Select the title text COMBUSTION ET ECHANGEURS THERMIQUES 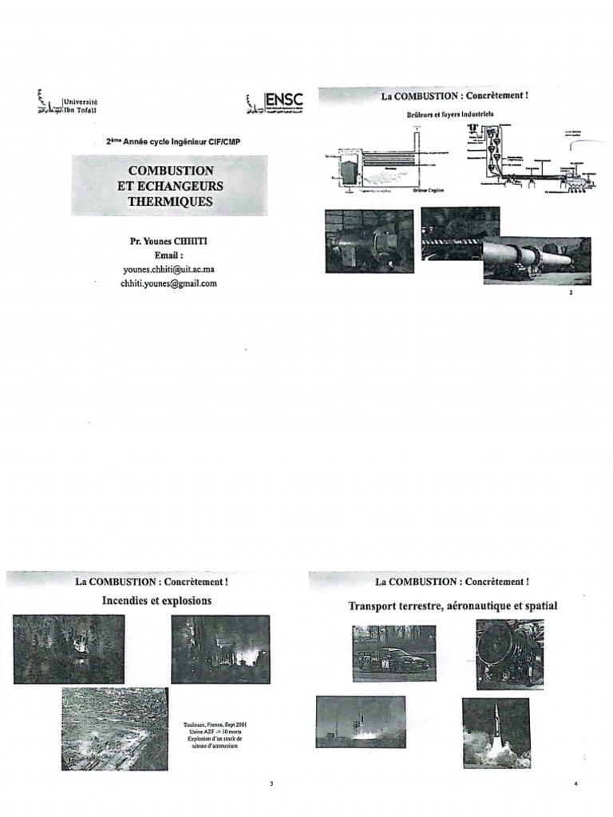170,187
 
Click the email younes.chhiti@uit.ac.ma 169,269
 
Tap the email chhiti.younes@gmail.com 169,282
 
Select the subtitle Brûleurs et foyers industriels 446,114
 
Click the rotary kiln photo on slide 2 536,260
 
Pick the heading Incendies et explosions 156,600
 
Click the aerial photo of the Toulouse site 115,728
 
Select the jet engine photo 509,653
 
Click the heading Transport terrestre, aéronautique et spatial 453,606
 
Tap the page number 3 271,783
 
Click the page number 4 575,783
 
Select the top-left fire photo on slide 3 69,649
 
